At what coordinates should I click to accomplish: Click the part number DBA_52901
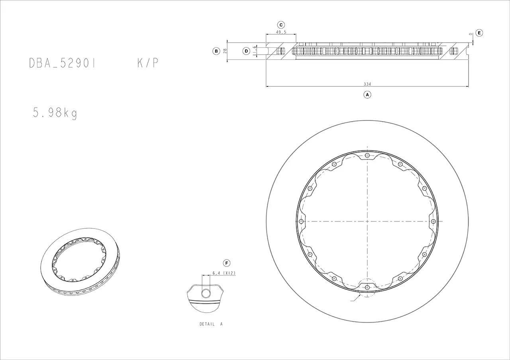point(62,63)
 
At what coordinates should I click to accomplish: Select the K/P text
point(147,63)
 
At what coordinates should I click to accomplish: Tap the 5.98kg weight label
point(55,113)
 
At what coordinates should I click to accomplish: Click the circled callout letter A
point(367,94)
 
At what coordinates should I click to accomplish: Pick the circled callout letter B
point(216,51)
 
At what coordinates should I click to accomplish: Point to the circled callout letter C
point(281,25)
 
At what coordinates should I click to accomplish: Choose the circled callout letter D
point(246,51)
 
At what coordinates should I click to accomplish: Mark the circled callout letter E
point(479,33)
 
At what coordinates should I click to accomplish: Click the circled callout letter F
point(227,263)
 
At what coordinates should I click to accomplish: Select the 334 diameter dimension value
point(367,84)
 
